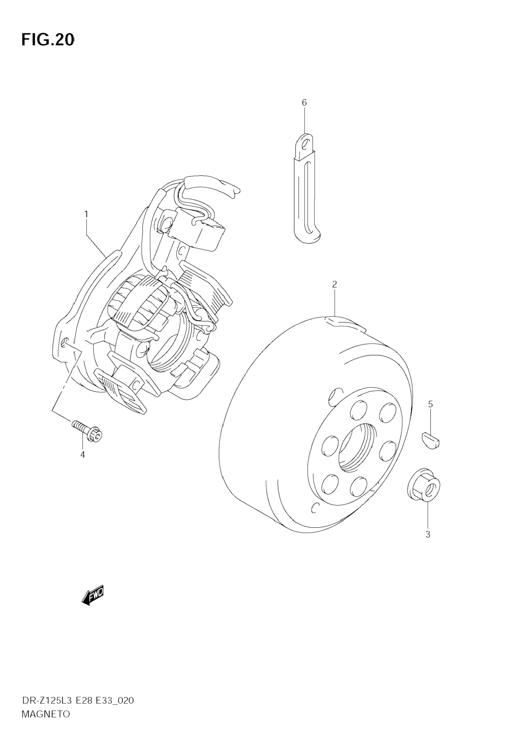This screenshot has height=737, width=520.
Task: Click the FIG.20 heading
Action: point(48,40)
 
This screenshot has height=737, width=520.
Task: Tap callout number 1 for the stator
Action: point(86,214)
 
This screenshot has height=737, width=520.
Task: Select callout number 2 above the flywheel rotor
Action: point(334,284)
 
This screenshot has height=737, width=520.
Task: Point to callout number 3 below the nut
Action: point(427,534)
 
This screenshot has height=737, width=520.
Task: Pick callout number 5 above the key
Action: point(430,404)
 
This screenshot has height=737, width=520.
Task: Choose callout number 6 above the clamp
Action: point(304,103)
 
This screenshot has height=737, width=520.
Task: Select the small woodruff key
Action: point(430,440)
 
